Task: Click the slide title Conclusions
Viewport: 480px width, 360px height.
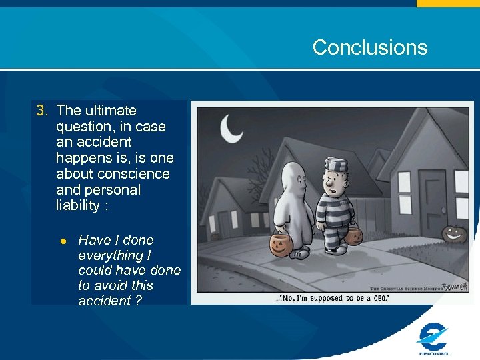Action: [x=369, y=47]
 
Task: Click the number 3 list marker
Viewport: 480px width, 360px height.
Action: [x=42, y=111]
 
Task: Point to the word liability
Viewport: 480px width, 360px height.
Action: [x=78, y=205]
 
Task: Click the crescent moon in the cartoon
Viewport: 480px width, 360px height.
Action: [x=231, y=129]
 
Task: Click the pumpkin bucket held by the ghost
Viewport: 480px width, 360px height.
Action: [x=282, y=245]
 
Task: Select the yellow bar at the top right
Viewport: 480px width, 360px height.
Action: [x=448, y=3]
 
